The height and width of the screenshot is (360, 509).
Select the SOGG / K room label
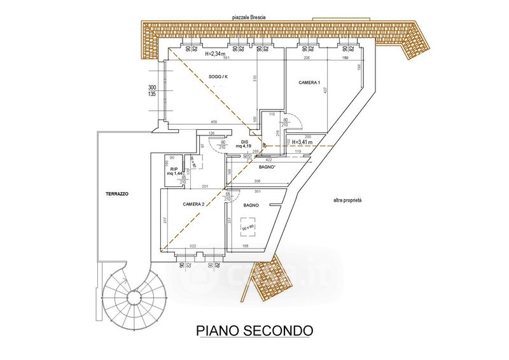[218, 77]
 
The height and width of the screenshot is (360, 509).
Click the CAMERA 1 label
[310, 83]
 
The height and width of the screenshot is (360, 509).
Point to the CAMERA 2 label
[193, 204]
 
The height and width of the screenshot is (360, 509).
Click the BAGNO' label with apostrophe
[267, 167]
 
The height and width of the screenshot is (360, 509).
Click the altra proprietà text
[347, 200]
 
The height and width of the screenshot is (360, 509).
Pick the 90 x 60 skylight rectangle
[248, 227]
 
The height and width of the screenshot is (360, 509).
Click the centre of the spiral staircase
[134, 296]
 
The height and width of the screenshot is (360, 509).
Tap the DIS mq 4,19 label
[244, 144]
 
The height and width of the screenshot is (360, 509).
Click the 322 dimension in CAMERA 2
[192, 246]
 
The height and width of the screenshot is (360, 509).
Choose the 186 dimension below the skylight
[245, 246]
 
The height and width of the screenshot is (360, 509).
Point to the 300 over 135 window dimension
[152, 90]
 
